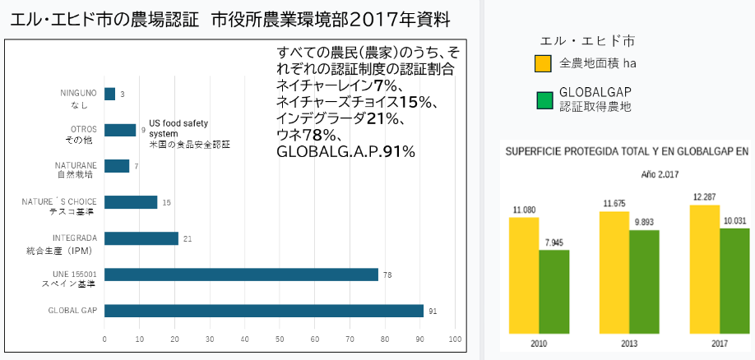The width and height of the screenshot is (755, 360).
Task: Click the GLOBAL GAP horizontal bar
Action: (263, 311)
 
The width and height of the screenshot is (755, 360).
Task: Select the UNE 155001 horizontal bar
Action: (241, 275)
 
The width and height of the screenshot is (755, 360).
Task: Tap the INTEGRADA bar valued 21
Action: (141, 238)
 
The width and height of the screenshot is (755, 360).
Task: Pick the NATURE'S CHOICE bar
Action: (131, 202)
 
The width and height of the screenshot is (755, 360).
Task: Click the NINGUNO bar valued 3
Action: (109, 94)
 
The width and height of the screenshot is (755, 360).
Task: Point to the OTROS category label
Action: (84, 129)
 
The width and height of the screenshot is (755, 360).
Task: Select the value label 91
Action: (433, 311)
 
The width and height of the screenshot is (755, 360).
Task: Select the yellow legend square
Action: (543, 63)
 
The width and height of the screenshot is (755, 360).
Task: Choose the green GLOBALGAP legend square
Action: (543, 99)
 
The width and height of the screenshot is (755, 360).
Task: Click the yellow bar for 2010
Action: (524, 275)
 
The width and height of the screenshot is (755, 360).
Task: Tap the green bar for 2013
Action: (644, 282)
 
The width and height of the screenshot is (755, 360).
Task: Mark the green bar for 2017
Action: (734, 281)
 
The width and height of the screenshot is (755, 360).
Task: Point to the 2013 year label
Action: (628, 343)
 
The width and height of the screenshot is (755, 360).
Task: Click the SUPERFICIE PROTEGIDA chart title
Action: (626, 151)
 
